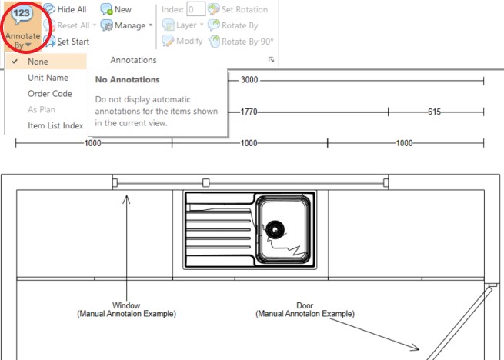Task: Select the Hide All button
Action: (x=65, y=9)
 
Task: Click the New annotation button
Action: (x=115, y=9)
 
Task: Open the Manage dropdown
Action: (x=126, y=25)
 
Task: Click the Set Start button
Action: (x=66, y=42)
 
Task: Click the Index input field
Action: (x=195, y=9)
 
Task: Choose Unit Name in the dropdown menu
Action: (x=48, y=78)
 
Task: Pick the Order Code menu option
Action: (x=50, y=94)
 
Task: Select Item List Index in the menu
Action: (x=55, y=125)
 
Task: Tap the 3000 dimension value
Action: (x=249, y=80)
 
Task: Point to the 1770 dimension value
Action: (x=249, y=112)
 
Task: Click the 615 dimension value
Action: (x=434, y=112)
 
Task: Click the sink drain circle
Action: (x=275, y=229)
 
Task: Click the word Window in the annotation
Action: (x=126, y=305)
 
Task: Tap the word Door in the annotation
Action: (x=305, y=305)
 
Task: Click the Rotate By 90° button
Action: (x=241, y=42)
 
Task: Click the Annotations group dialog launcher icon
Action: (x=272, y=60)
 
